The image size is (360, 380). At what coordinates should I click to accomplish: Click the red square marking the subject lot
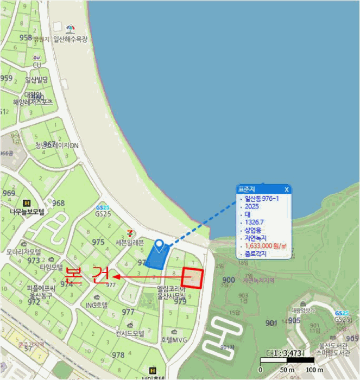(x=192, y=278)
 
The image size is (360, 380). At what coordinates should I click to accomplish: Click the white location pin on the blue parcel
(x=159, y=246)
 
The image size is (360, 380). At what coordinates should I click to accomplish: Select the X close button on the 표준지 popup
(x=287, y=189)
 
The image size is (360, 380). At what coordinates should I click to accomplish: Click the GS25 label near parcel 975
(x=103, y=214)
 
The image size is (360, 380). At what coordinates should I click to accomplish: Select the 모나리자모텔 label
(x=24, y=252)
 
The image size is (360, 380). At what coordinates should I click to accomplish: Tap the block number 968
(x=58, y=203)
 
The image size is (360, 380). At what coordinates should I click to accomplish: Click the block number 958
(x=26, y=37)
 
